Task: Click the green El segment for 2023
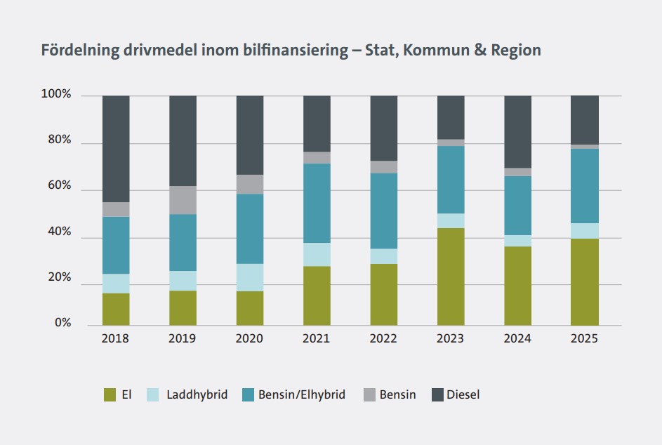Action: pyautogui.click(x=451, y=277)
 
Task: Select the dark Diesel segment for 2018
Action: pyautogui.click(x=116, y=149)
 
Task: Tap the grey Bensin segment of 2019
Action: pyautogui.click(x=183, y=200)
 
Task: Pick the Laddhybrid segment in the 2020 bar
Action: pyautogui.click(x=249, y=277)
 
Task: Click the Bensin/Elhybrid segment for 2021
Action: pyautogui.click(x=317, y=203)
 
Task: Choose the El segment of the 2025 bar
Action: pyautogui.click(x=584, y=281)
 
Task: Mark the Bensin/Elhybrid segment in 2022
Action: pyautogui.click(x=383, y=211)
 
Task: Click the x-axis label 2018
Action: pyautogui.click(x=115, y=338)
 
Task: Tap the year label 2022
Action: pyautogui.click(x=383, y=338)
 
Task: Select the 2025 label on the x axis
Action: pyautogui.click(x=584, y=338)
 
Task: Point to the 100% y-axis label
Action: pyautogui.click(x=57, y=94)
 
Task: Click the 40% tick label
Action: pyautogui.click(x=60, y=232)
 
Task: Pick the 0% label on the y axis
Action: pyautogui.click(x=62, y=323)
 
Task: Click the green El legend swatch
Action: pyautogui.click(x=110, y=395)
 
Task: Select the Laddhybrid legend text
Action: pyautogui.click(x=197, y=394)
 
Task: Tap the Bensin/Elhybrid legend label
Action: pyautogui.click(x=302, y=394)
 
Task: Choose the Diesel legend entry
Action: pyautogui.click(x=463, y=394)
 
